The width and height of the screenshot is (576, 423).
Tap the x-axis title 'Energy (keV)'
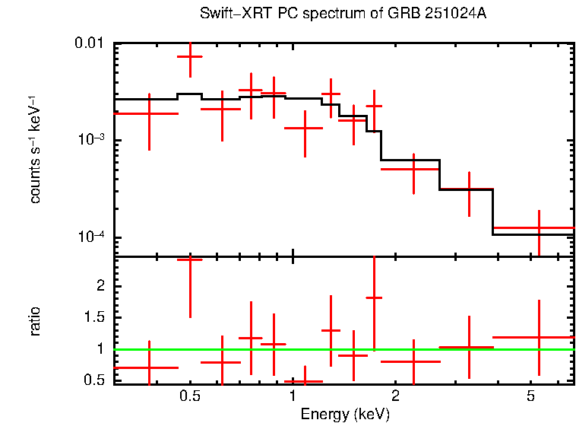point(345,414)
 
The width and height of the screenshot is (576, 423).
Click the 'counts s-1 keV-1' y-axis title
point(35,149)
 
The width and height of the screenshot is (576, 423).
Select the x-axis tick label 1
point(293,396)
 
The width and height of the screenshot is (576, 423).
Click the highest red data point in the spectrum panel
point(190,56)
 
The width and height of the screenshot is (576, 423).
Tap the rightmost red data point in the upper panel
point(539,227)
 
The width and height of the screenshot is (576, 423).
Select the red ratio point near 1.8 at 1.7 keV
point(374,297)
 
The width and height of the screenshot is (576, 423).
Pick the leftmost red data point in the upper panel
point(149,113)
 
